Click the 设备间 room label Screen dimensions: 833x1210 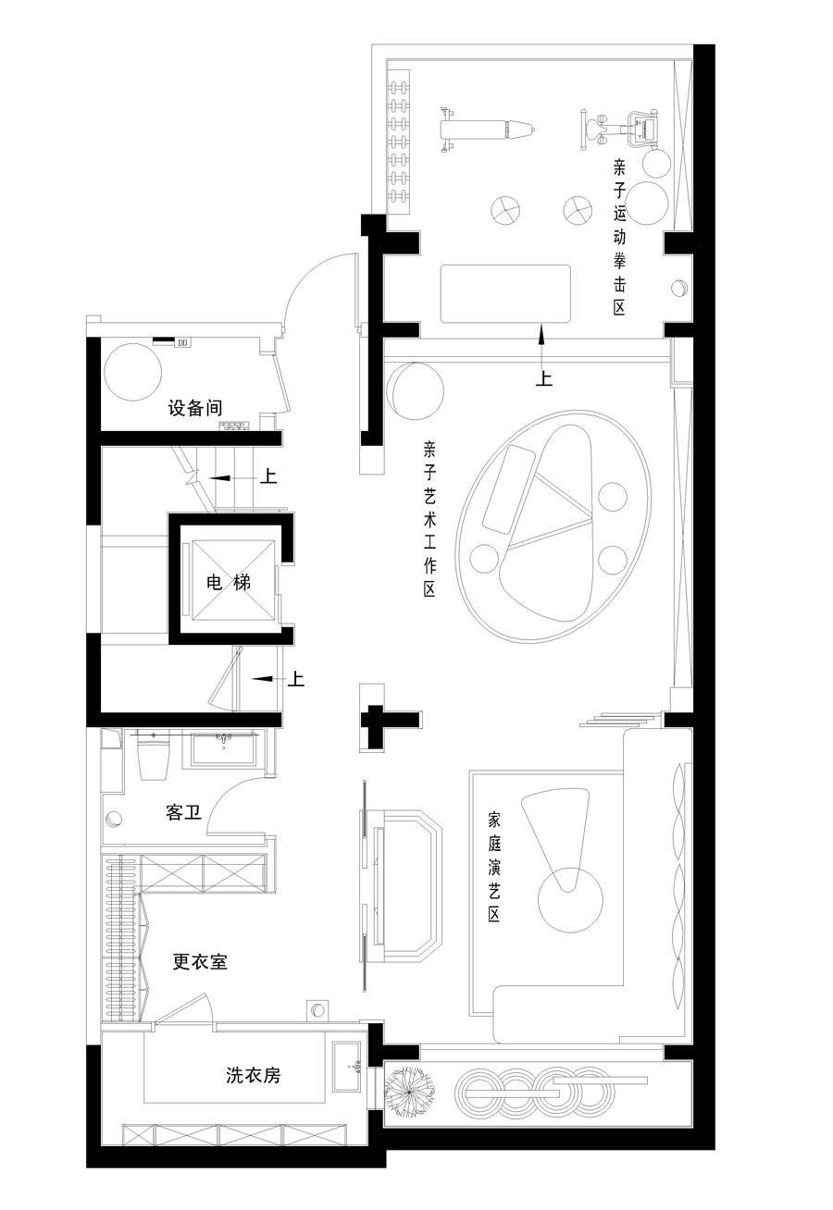coord(194,408)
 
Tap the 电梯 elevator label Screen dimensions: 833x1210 coord(229,582)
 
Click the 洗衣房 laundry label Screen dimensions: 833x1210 coord(254,1075)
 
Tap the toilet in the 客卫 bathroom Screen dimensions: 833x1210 coord(154,757)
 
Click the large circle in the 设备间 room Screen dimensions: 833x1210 coord(132,372)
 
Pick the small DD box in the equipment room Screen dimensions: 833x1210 coord(182,342)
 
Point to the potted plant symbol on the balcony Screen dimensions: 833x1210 coord(409,1085)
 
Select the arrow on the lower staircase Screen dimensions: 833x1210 coord(267,678)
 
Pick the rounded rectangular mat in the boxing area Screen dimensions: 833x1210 coord(505,294)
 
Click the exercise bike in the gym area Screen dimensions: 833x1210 coord(620,130)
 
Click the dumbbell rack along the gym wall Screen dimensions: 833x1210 coord(400,142)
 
